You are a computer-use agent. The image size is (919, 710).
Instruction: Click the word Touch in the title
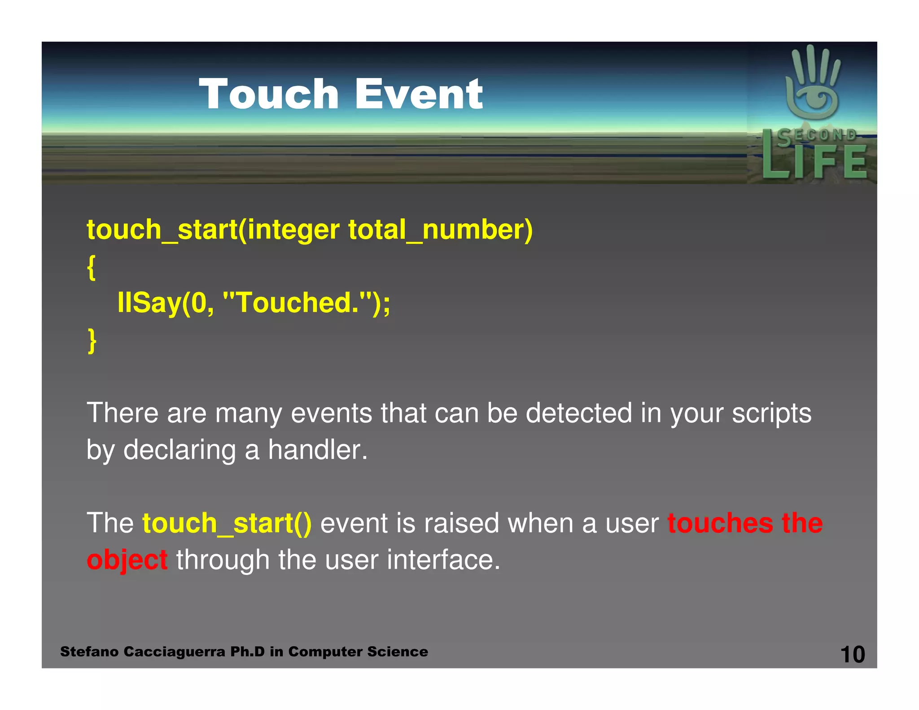tap(268, 94)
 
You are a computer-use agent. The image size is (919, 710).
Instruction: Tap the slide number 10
tap(852, 654)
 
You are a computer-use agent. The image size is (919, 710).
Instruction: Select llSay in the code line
tap(148, 303)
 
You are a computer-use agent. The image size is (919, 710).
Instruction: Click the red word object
tap(127, 561)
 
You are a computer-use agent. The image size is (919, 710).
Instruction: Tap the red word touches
tap(720, 523)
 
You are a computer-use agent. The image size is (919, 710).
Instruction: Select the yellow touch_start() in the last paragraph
tap(227, 524)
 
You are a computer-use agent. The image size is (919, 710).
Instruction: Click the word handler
tap(317, 450)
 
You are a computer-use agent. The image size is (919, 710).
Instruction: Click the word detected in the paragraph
tap(578, 413)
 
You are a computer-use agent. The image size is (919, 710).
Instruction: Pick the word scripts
tap(771, 414)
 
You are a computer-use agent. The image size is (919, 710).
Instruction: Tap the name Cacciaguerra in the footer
tap(174, 652)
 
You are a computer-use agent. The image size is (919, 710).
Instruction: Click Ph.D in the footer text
tap(247, 652)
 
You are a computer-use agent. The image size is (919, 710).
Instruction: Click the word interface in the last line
tap(443, 561)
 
